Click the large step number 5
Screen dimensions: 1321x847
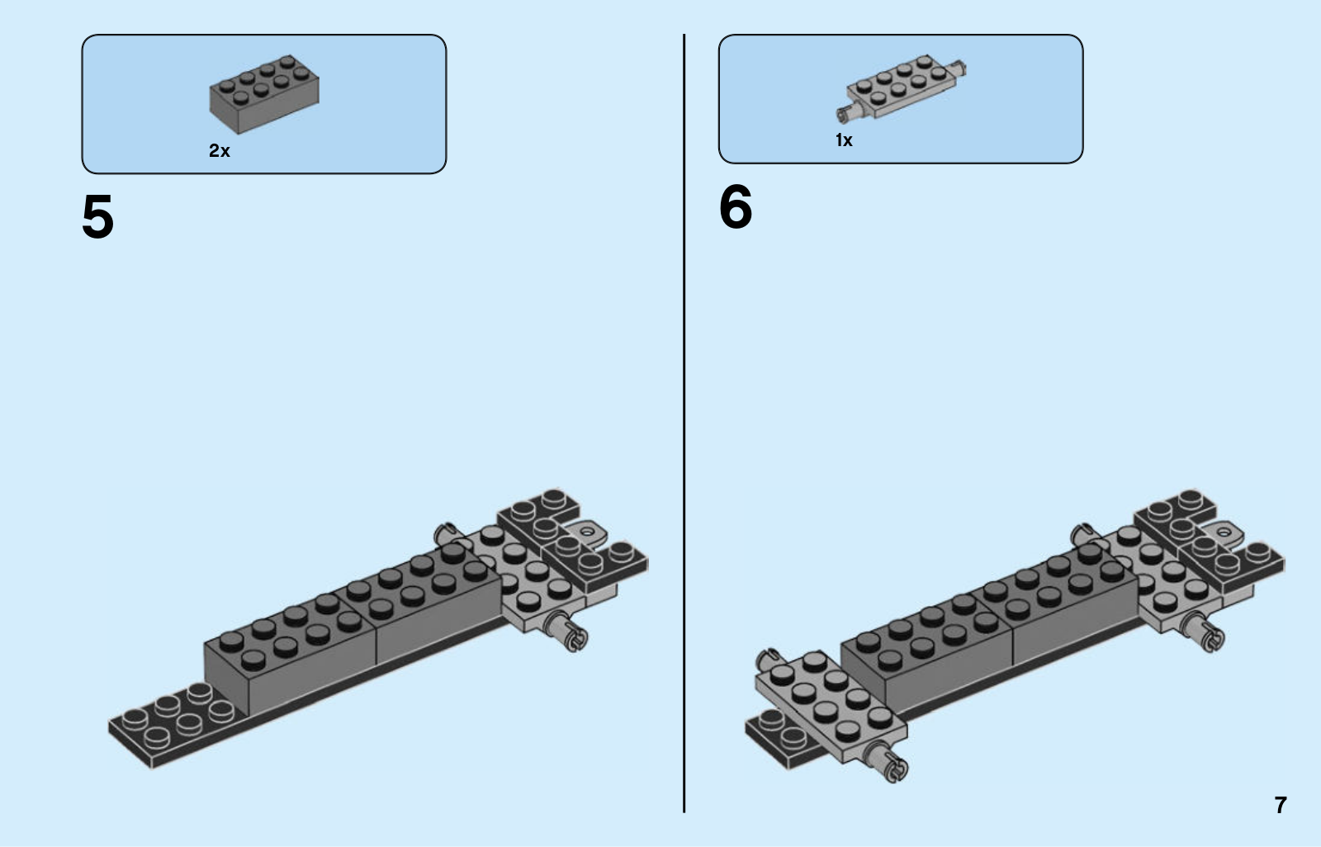coord(97,217)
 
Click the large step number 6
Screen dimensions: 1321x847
coord(735,206)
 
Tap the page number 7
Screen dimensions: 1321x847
coord(1280,805)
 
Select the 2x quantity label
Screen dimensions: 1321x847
coord(220,150)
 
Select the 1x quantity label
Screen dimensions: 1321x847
coord(844,140)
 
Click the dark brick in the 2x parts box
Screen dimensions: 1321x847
coord(263,94)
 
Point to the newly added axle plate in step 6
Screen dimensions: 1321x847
coord(830,706)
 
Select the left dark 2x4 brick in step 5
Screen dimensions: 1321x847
coord(289,652)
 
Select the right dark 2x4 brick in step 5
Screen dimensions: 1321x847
coord(438,603)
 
